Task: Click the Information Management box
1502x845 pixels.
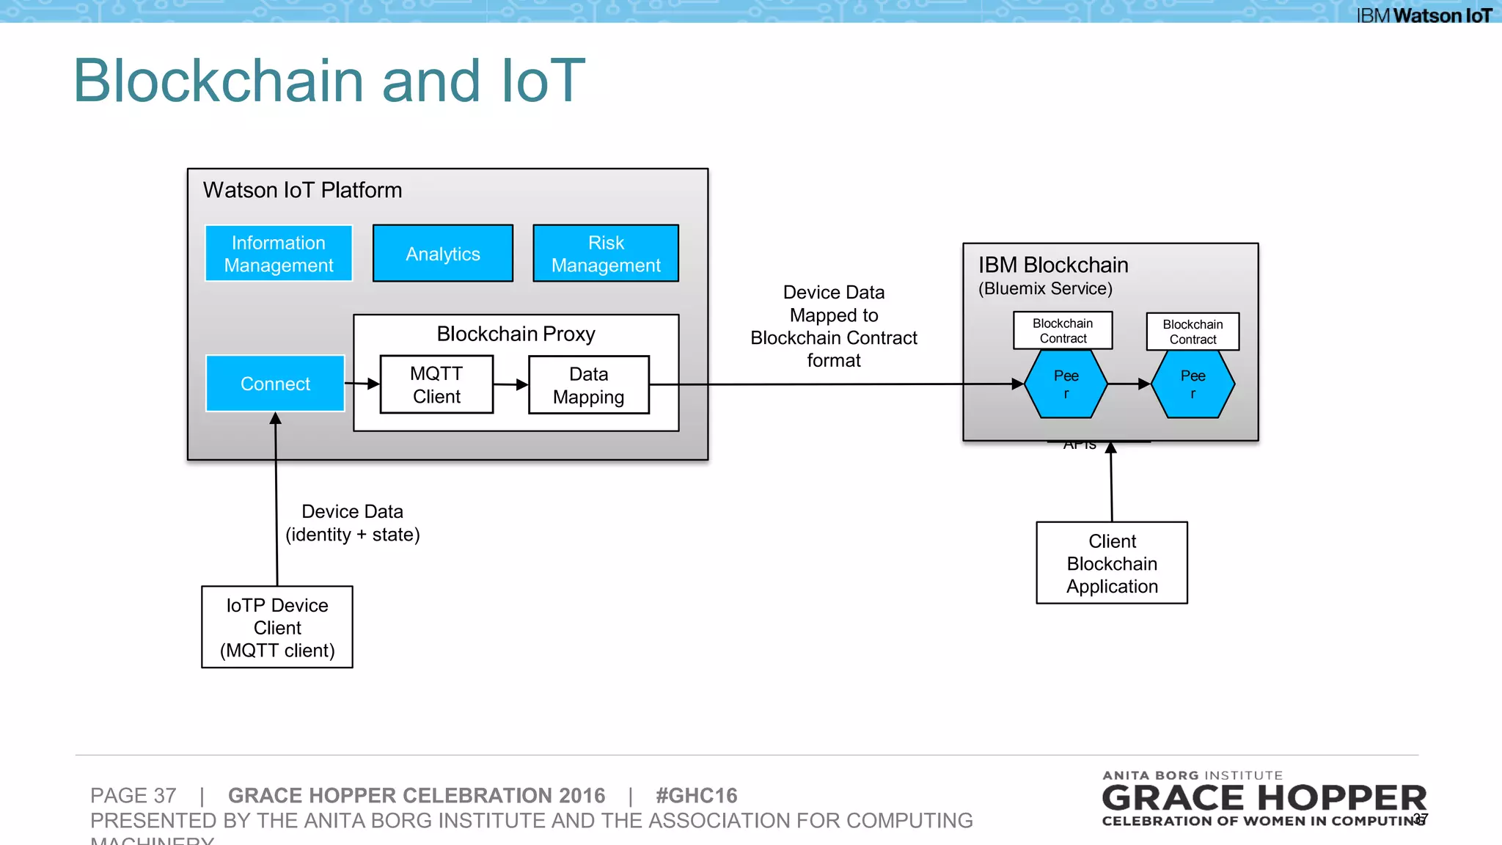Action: [x=279, y=254]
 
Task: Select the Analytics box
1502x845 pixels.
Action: [x=443, y=254]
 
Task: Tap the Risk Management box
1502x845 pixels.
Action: [x=606, y=254]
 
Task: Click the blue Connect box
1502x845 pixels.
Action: [x=275, y=384]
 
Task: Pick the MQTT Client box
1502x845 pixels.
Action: [x=436, y=384]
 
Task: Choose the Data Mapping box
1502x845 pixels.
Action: [x=588, y=385]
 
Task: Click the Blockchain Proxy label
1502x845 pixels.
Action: [x=516, y=334]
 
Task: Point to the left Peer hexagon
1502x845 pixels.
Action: [x=1066, y=384]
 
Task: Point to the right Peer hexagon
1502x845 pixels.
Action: [x=1193, y=384]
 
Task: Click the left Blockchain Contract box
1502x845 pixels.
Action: [x=1063, y=331]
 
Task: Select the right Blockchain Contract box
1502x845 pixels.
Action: [x=1193, y=332]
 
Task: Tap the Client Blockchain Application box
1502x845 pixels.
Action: [x=1112, y=563]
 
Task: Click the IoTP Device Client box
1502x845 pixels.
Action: [x=277, y=627]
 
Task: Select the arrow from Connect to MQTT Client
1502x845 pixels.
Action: [x=362, y=384]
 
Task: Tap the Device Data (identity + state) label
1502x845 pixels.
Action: [x=352, y=523]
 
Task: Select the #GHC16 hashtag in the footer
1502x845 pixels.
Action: [x=696, y=796]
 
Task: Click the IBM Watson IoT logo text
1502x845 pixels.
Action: [x=1424, y=15]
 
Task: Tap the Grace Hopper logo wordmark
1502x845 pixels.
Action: [x=1264, y=798]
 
